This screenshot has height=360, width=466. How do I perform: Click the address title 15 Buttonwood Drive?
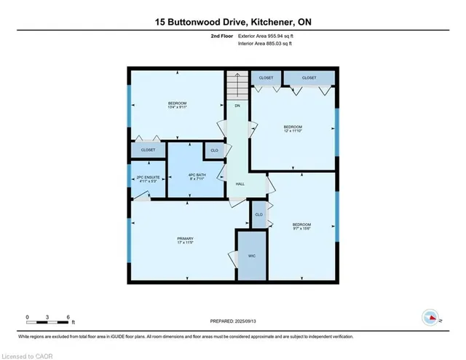coord(232,23)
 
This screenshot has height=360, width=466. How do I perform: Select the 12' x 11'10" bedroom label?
coord(293,128)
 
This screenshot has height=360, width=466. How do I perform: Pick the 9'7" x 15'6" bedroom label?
coord(301,226)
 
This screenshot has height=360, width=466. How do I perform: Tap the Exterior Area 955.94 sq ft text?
coord(269,35)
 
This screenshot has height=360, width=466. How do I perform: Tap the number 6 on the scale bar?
coord(68,317)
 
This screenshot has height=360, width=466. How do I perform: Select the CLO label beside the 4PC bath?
coord(214,151)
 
